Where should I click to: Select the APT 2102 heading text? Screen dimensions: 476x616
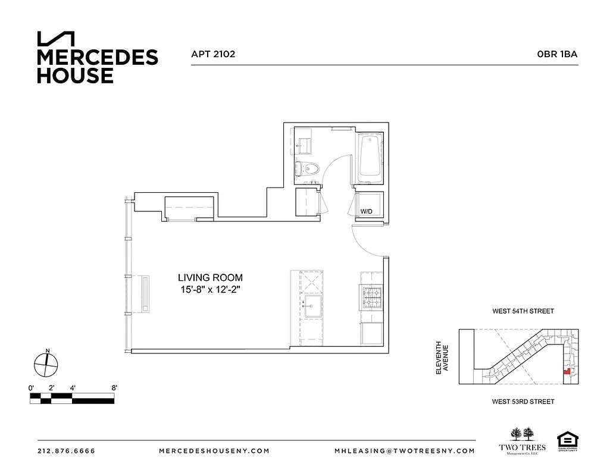213,54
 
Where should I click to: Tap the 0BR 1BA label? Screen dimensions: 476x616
557,54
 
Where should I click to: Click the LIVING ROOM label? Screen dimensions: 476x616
210,277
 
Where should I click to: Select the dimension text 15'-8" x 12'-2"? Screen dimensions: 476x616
210,289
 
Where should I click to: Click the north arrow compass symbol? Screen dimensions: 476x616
46,364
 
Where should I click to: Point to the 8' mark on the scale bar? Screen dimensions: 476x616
113,388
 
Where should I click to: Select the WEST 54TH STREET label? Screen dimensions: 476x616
523,311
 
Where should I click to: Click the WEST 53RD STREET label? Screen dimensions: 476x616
523,402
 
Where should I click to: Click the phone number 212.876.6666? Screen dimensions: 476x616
66,451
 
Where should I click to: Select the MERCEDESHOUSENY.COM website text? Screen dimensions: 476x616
214,451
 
